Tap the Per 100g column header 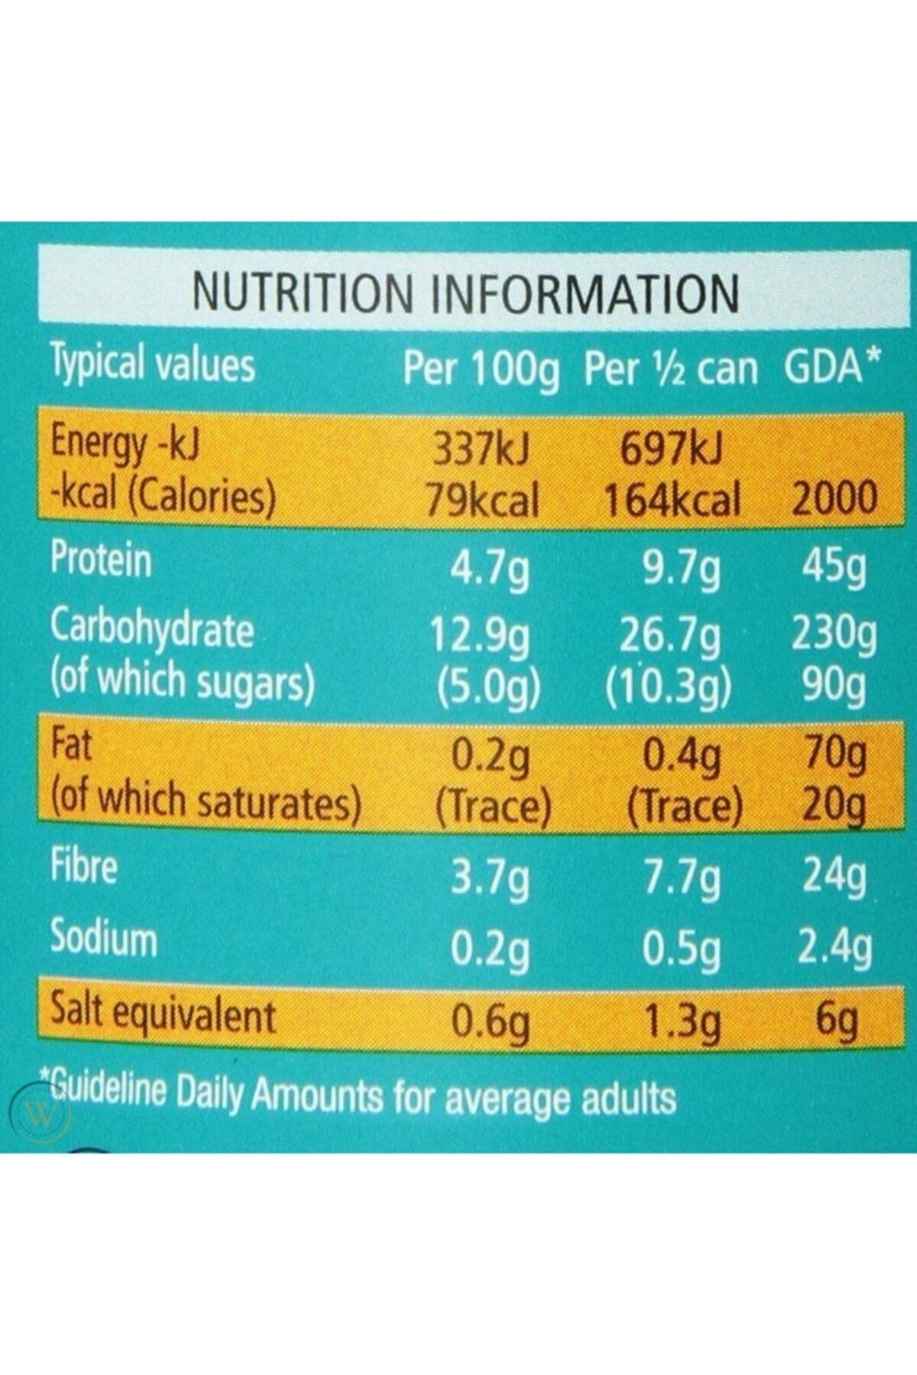point(481,370)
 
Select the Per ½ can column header point(670,370)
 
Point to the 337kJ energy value point(481,451)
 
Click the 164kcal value point(672,501)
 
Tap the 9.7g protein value point(681,569)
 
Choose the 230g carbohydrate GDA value point(834,635)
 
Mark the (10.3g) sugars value point(669,686)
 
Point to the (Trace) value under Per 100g point(493,806)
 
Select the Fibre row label point(84,867)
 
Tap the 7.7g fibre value point(681,879)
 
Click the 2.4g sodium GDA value point(834,949)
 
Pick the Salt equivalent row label point(162,1015)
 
